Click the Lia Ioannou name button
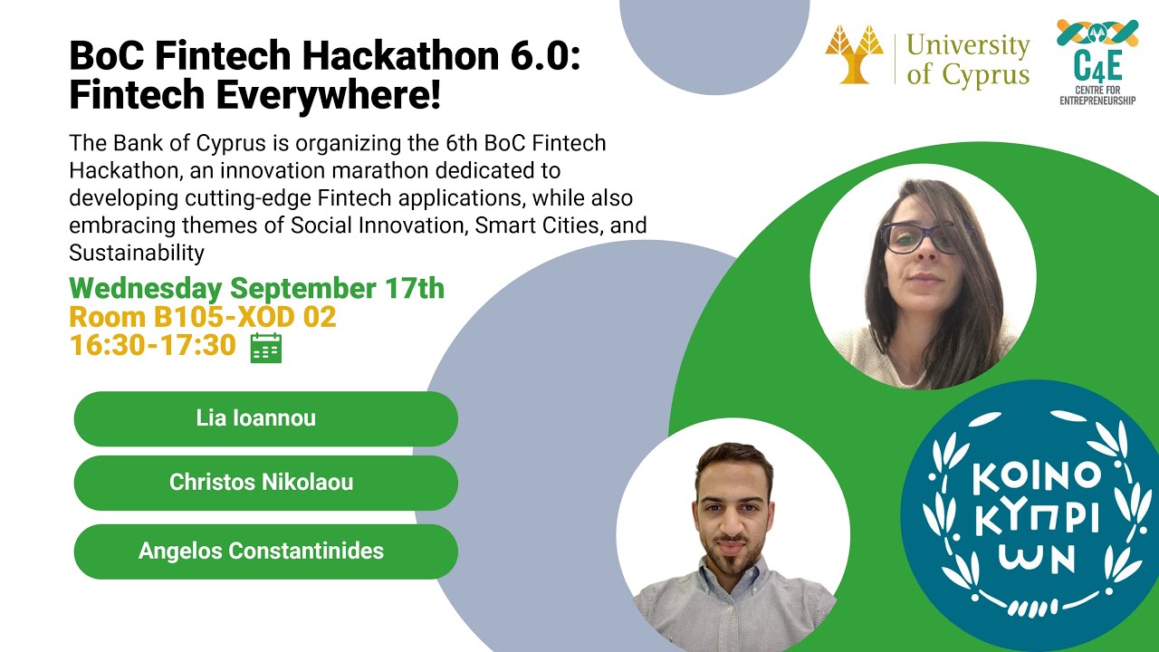(x=265, y=418)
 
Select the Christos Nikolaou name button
(x=265, y=483)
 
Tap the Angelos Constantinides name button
(x=265, y=551)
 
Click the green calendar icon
(x=265, y=348)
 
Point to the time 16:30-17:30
(x=152, y=345)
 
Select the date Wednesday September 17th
(x=256, y=288)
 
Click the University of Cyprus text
(x=967, y=59)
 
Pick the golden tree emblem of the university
(x=854, y=54)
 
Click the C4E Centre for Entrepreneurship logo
(x=1097, y=61)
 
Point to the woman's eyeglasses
(x=919, y=238)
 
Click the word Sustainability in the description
(x=136, y=252)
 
